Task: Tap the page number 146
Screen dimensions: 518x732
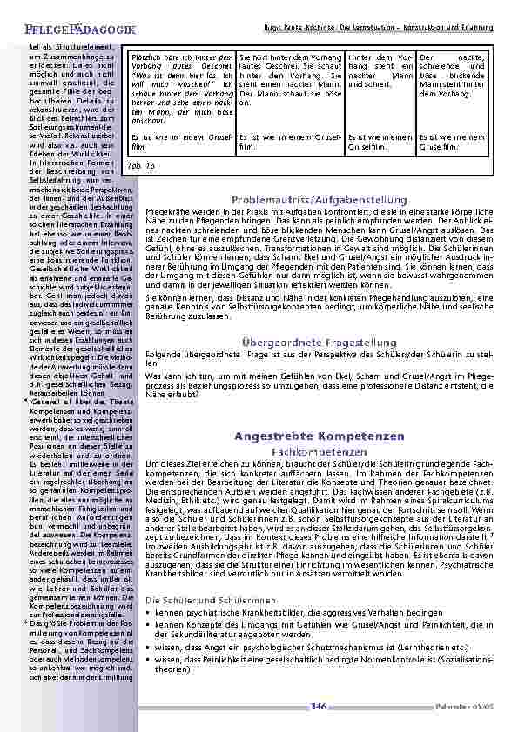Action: tap(318, 707)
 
